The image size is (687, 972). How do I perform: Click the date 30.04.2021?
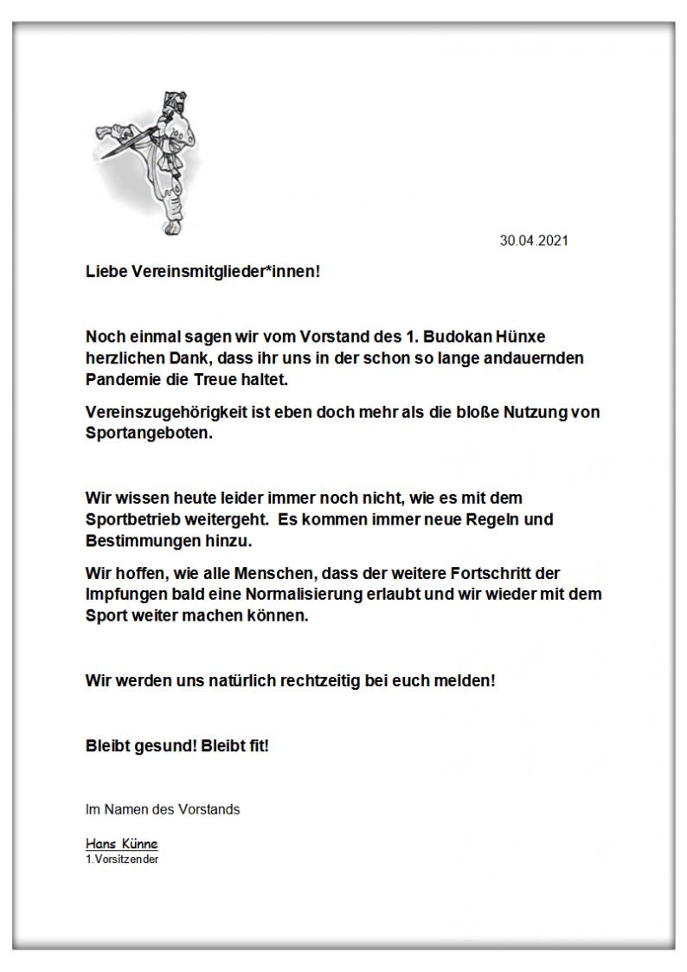tap(534, 241)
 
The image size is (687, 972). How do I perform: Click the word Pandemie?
tap(121, 379)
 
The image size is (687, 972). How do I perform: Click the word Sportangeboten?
tap(148, 434)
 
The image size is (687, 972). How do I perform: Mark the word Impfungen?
tap(126, 595)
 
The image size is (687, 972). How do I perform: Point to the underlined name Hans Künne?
tap(121, 844)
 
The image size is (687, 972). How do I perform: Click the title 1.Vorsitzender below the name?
tap(121, 859)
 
